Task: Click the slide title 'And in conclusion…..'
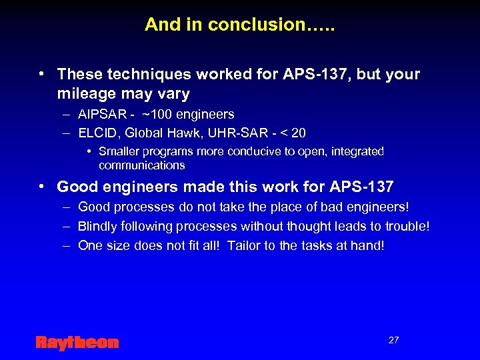point(239,25)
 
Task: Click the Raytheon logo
point(77,343)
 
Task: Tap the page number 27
point(393,340)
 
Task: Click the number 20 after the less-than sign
point(299,132)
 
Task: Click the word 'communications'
point(141,165)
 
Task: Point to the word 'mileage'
point(85,94)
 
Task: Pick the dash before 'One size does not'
point(67,245)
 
